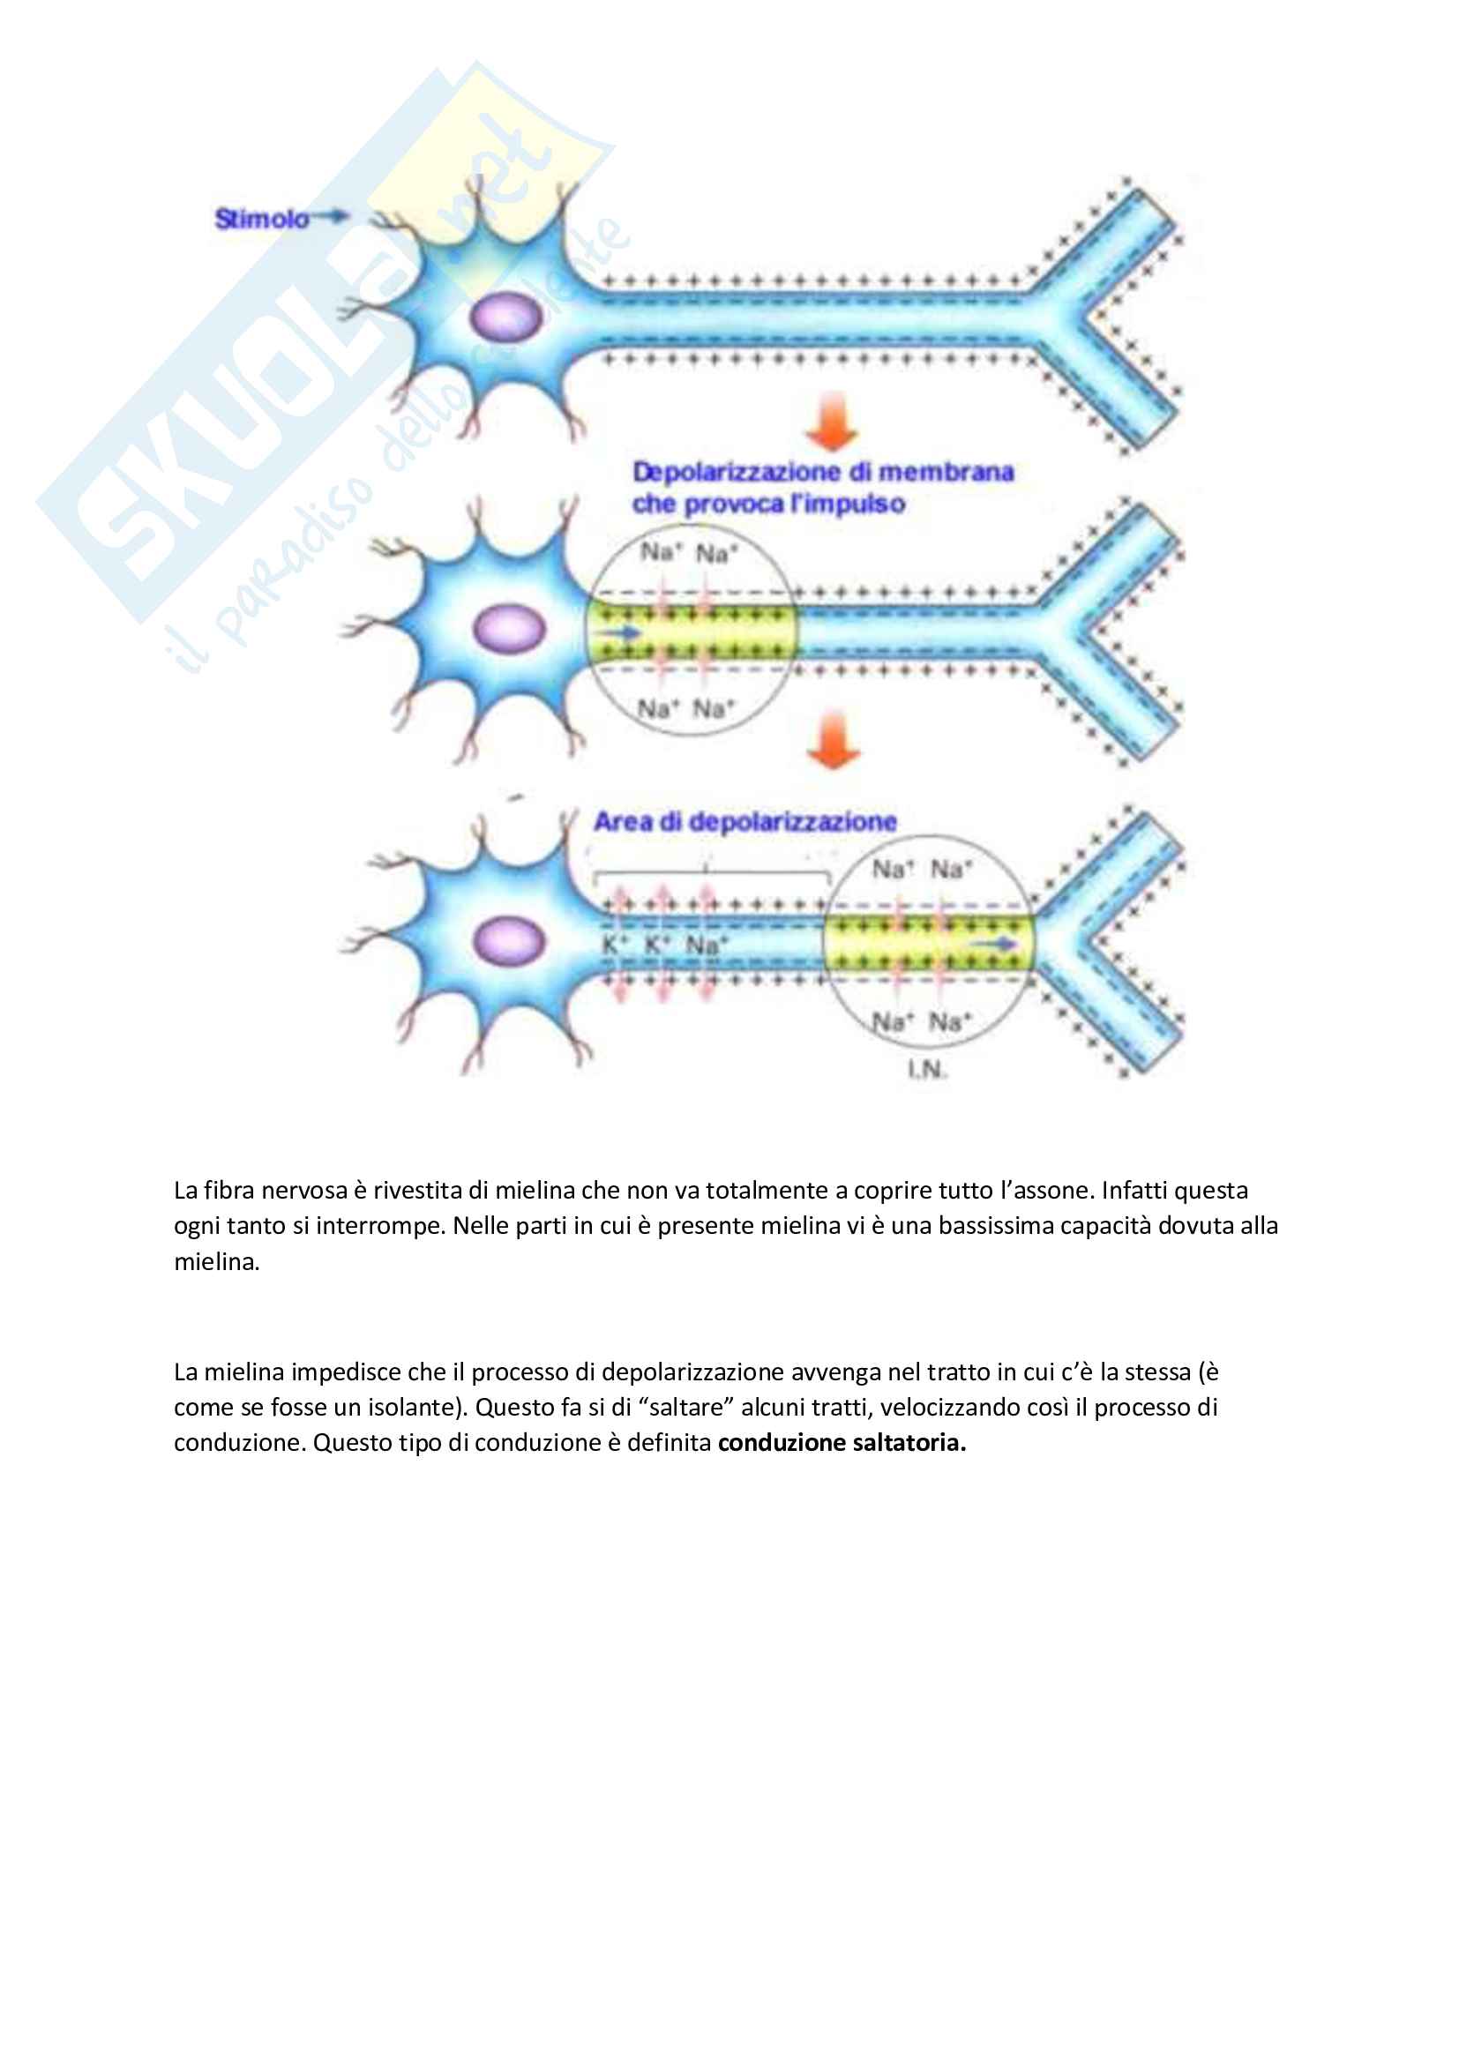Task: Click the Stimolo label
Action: point(261,219)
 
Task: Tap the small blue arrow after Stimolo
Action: point(330,215)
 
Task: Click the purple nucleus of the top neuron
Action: point(507,319)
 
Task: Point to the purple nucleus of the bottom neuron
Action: point(508,941)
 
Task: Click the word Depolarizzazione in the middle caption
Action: point(737,473)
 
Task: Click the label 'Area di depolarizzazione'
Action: point(744,821)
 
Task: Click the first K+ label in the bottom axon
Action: point(614,946)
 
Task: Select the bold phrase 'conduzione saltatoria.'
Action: point(842,1443)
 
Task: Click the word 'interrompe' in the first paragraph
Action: point(380,1227)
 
